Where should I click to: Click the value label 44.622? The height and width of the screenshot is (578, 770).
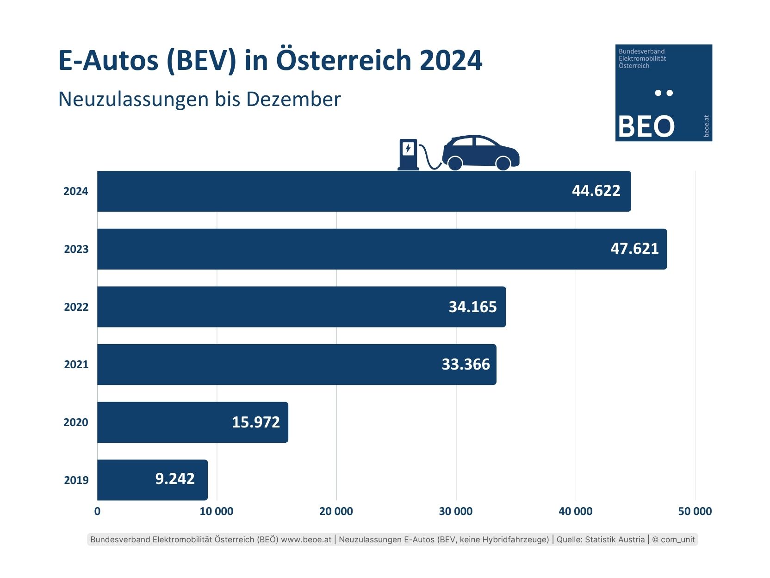(x=596, y=191)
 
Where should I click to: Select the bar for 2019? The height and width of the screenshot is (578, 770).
(x=152, y=480)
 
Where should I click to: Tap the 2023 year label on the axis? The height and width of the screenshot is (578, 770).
(x=76, y=249)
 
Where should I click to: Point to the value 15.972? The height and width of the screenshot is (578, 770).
(x=256, y=422)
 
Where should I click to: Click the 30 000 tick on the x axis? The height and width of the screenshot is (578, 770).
(x=456, y=511)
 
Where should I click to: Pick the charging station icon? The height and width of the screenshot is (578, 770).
(x=408, y=155)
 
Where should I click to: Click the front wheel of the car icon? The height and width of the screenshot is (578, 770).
(x=503, y=163)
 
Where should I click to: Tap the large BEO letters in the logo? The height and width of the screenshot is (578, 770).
(x=646, y=126)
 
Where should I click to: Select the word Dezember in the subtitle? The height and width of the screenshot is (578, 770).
(x=293, y=99)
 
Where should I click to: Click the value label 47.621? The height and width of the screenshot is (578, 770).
(x=634, y=249)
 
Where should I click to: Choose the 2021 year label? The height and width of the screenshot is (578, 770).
(x=76, y=364)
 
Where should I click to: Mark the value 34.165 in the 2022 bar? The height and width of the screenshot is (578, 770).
(x=472, y=307)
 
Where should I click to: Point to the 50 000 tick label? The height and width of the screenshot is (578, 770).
(x=695, y=511)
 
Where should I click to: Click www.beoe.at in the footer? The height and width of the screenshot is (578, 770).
(x=306, y=540)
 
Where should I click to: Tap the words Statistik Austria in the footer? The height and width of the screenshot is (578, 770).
(x=615, y=540)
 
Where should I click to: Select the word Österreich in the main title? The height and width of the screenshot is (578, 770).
(x=344, y=60)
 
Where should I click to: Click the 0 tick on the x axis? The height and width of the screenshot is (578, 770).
(x=97, y=511)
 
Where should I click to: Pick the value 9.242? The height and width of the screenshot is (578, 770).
(x=175, y=479)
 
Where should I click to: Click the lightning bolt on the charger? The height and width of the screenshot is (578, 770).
(x=408, y=149)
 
